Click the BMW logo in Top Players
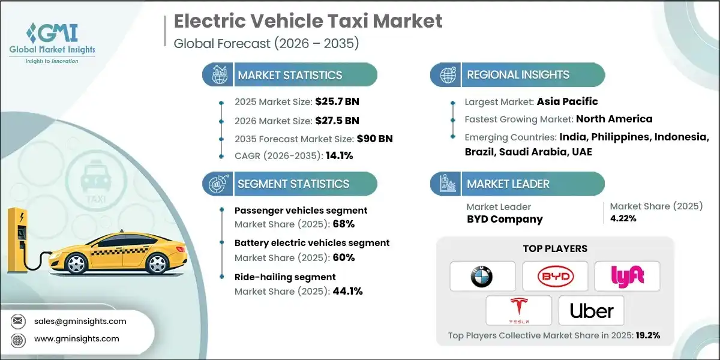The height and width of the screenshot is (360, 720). point(482,276)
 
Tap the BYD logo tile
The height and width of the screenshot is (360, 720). point(555,276)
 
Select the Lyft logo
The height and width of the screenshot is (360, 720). point(627,276)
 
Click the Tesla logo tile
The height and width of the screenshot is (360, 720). point(518,310)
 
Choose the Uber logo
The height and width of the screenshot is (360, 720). point(591,311)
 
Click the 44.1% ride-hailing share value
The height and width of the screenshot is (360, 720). point(347,292)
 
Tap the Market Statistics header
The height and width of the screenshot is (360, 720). point(290,75)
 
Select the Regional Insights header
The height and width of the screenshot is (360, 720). point(518,75)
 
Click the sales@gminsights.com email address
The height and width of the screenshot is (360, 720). point(80,321)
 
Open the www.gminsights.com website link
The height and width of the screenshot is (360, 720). point(76,339)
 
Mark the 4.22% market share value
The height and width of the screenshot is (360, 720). point(623,218)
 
